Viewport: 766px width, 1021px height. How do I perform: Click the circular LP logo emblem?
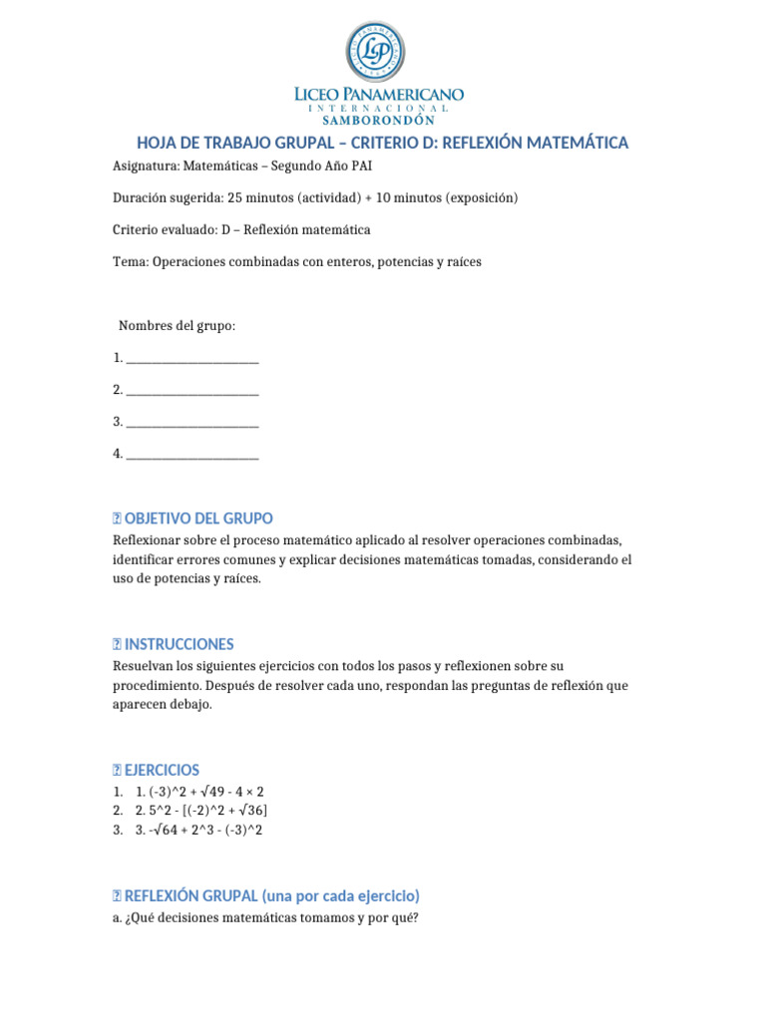376,52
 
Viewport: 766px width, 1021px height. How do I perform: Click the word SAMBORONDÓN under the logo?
378,120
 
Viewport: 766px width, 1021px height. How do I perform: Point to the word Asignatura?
146,166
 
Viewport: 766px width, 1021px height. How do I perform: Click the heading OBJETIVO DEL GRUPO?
198,518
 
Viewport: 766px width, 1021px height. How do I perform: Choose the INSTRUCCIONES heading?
180,644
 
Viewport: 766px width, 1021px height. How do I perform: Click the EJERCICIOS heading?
162,770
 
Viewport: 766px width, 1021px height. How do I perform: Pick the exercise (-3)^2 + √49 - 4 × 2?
199,791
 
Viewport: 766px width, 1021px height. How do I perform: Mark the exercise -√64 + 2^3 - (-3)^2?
199,830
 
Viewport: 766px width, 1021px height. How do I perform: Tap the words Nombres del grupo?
178,325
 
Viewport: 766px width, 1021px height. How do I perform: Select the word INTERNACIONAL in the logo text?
378,107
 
